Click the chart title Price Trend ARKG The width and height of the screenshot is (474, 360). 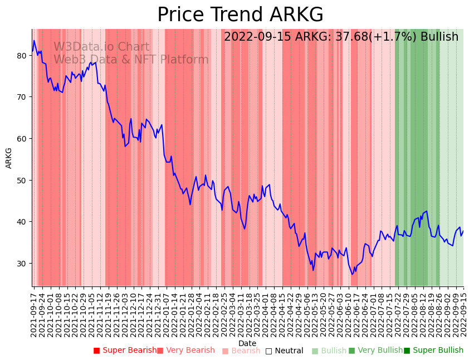click(x=240, y=15)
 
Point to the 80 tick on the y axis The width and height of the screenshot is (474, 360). click(x=22, y=55)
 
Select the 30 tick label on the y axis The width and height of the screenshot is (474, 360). click(x=22, y=263)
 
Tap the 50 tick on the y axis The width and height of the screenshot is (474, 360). click(x=22, y=180)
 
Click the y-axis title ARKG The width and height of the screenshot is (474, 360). click(x=9, y=158)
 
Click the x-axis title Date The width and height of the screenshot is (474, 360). click(x=247, y=343)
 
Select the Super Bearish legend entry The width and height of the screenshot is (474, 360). click(x=125, y=351)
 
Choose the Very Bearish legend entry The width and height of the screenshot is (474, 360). click(x=185, y=351)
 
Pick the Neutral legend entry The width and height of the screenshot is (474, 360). click(x=284, y=351)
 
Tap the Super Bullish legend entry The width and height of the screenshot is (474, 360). click(x=433, y=351)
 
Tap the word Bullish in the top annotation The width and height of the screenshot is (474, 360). click(x=439, y=37)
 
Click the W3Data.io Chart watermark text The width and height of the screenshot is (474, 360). click(x=101, y=47)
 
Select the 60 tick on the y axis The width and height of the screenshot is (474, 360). click(x=22, y=138)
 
